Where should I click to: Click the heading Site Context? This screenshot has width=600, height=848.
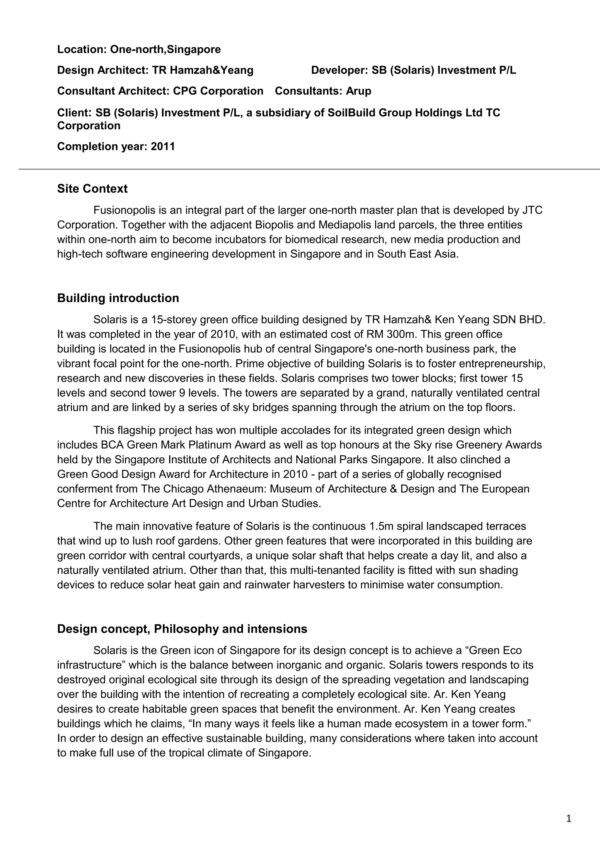(92, 189)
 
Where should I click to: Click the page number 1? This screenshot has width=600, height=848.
(569, 819)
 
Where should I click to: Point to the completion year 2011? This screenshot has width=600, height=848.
(163, 147)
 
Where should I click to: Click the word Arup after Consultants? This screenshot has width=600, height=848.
(358, 91)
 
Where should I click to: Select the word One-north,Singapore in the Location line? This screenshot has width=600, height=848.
(165, 49)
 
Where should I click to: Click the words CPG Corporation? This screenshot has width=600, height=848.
(218, 91)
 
